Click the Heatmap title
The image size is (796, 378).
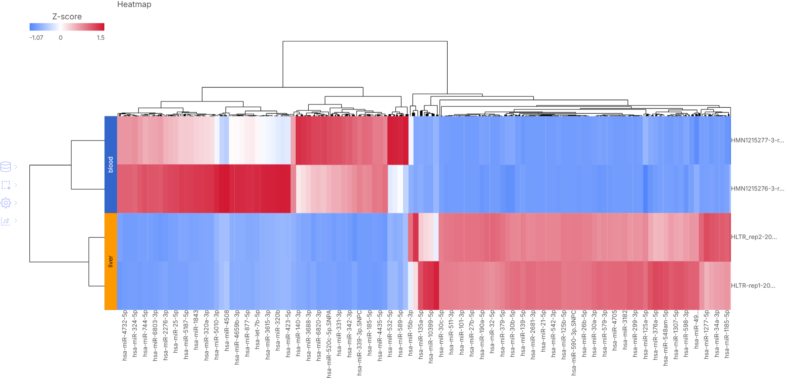[x=134, y=4]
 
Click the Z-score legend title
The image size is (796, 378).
[x=67, y=17]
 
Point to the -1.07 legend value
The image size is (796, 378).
[x=36, y=38]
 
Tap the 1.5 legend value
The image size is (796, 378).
[x=100, y=38]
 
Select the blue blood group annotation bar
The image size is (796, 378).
[x=111, y=164]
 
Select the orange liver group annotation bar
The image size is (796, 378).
[x=111, y=261]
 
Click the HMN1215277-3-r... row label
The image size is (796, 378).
[x=757, y=140]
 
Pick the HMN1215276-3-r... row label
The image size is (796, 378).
[x=757, y=189]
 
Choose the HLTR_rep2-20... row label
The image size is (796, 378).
[x=754, y=237]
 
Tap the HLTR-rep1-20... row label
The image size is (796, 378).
[x=753, y=286]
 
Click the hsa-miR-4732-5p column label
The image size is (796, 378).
[x=125, y=335]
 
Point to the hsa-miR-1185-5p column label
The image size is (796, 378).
[x=727, y=334]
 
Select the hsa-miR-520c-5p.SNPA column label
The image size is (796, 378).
[x=329, y=344]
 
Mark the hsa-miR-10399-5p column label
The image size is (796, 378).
[x=431, y=336]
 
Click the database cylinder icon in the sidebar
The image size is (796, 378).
[x=6, y=167]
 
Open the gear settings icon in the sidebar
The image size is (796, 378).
[x=6, y=203]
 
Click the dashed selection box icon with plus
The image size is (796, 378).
[x=6, y=185]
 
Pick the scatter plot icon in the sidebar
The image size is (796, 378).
[x=6, y=221]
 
